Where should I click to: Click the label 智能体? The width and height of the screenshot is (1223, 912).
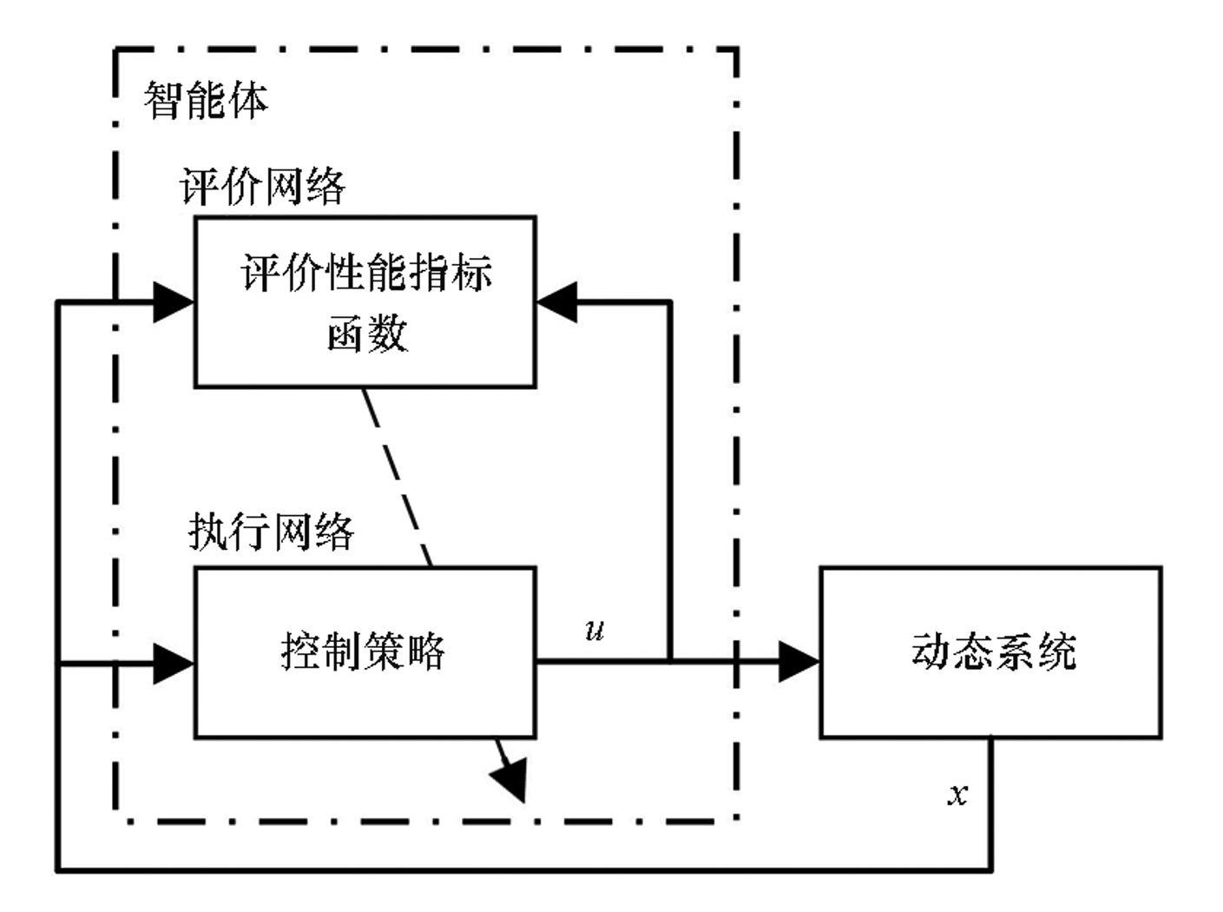(206, 101)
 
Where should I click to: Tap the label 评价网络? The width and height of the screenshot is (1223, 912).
(262, 186)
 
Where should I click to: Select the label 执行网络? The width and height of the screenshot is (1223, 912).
(271, 531)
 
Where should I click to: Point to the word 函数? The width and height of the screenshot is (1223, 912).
(366, 333)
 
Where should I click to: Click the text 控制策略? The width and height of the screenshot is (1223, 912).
(363, 651)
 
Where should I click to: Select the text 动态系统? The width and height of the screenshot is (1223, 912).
(993, 651)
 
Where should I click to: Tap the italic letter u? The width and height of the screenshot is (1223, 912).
(595, 630)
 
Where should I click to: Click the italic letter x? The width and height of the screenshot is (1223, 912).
(957, 794)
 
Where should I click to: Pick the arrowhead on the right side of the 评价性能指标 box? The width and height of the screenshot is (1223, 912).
(557, 301)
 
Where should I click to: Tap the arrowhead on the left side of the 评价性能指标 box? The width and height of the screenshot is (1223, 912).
(173, 302)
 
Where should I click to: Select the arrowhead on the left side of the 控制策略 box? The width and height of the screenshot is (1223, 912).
(173, 664)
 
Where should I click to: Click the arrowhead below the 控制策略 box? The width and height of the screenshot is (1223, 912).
(511, 777)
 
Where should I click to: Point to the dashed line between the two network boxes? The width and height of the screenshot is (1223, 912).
(397, 477)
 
